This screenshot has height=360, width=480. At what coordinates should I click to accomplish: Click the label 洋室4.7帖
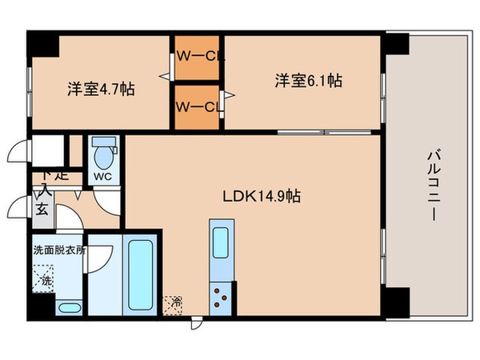(100, 88)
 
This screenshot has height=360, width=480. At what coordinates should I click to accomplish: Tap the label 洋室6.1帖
(309, 80)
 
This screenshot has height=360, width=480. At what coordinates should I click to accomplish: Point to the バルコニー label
(431, 184)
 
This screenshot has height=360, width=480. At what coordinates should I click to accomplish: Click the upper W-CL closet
(198, 57)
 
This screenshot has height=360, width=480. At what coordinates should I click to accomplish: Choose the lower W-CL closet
(198, 106)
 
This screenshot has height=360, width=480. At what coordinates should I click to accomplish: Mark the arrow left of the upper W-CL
(166, 77)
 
